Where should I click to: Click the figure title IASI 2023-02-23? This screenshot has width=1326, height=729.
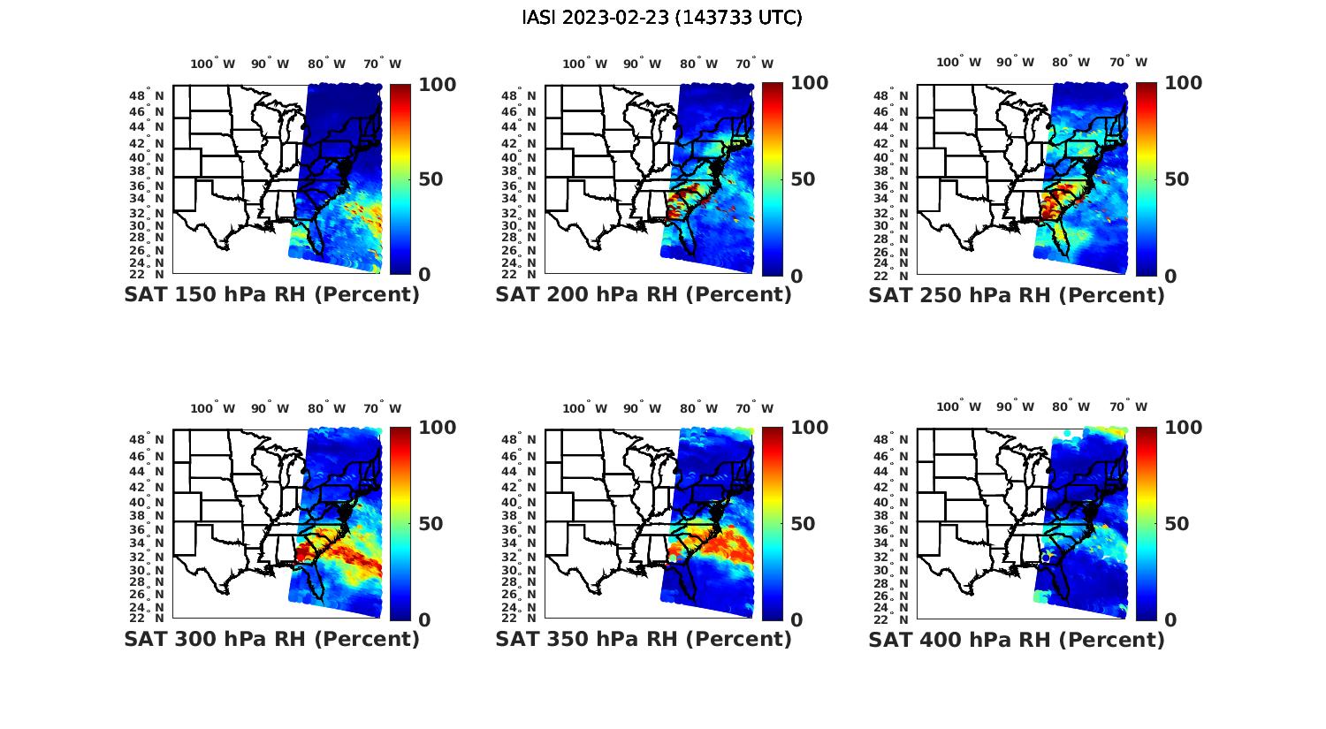[x=662, y=18]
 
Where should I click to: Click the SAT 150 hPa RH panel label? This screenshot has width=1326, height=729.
[x=271, y=295]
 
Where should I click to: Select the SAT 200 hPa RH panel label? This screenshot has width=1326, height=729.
[x=644, y=295]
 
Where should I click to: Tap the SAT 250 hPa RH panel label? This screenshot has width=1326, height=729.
[x=1017, y=295]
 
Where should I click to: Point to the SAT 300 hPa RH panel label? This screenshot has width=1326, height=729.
[x=271, y=639]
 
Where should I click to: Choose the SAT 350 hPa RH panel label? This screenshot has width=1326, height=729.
[x=644, y=639]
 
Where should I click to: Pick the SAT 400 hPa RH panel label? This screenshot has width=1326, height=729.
[x=1017, y=639]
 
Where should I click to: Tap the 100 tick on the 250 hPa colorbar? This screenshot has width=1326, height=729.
[x=1183, y=83]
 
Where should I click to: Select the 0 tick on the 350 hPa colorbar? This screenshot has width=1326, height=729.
[x=796, y=620]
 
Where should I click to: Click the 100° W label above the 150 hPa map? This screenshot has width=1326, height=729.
[x=212, y=64]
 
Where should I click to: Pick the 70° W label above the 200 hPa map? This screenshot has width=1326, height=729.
[x=754, y=64]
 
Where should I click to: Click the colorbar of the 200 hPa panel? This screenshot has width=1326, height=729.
[x=773, y=178]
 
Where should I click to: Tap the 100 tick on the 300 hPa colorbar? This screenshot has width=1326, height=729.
[x=438, y=428]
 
